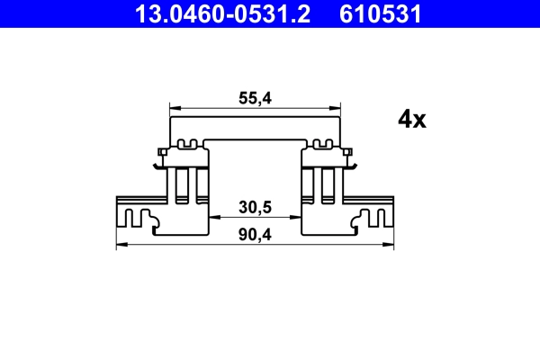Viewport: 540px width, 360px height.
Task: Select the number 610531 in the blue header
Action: point(379,13)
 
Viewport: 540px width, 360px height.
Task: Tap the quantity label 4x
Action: point(411,120)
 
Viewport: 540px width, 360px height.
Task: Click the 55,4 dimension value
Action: point(256,101)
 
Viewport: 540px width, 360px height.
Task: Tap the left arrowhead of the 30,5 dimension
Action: point(214,217)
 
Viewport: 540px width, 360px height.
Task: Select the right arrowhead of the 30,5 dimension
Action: point(297,217)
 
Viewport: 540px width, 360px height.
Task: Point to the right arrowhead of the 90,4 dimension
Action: point(390,244)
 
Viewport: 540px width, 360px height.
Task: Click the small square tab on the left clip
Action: point(160,150)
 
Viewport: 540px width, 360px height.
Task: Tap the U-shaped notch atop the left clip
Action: point(189,143)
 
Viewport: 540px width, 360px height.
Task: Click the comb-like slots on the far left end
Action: point(138,217)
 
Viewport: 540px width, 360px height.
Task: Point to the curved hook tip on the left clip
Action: point(157,165)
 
